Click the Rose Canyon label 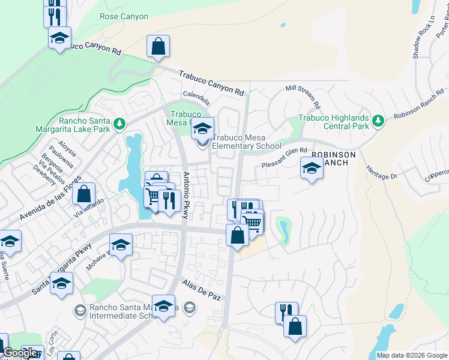click(x=124, y=17)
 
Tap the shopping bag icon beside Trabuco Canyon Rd click(x=158, y=46)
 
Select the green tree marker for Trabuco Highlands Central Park click(x=378, y=122)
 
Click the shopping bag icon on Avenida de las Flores click(x=83, y=194)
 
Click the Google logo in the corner click(x=20, y=353)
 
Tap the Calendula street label click(x=196, y=97)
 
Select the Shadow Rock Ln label click(x=418, y=43)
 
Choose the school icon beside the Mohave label click(x=121, y=245)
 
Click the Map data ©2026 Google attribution click(x=411, y=355)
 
